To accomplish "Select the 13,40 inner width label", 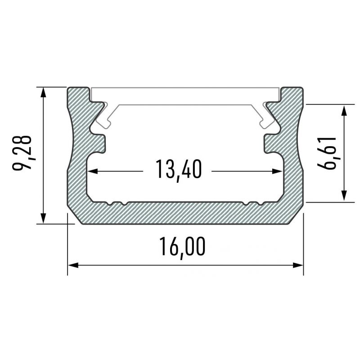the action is pyautogui.click(x=179, y=170).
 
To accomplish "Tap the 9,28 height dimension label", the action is pyautogui.click(x=22, y=153).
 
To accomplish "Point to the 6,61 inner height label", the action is pyautogui.click(x=326, y=153).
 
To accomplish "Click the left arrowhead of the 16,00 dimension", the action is pyautogui.click(x=73, y=265).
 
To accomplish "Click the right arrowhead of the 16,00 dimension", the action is pyautogui.click(x=298, y=265).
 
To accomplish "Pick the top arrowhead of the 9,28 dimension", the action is pyautogui.click(x=43, y=93).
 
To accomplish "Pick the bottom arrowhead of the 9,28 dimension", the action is pyautogui.click(x=43, y=218).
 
